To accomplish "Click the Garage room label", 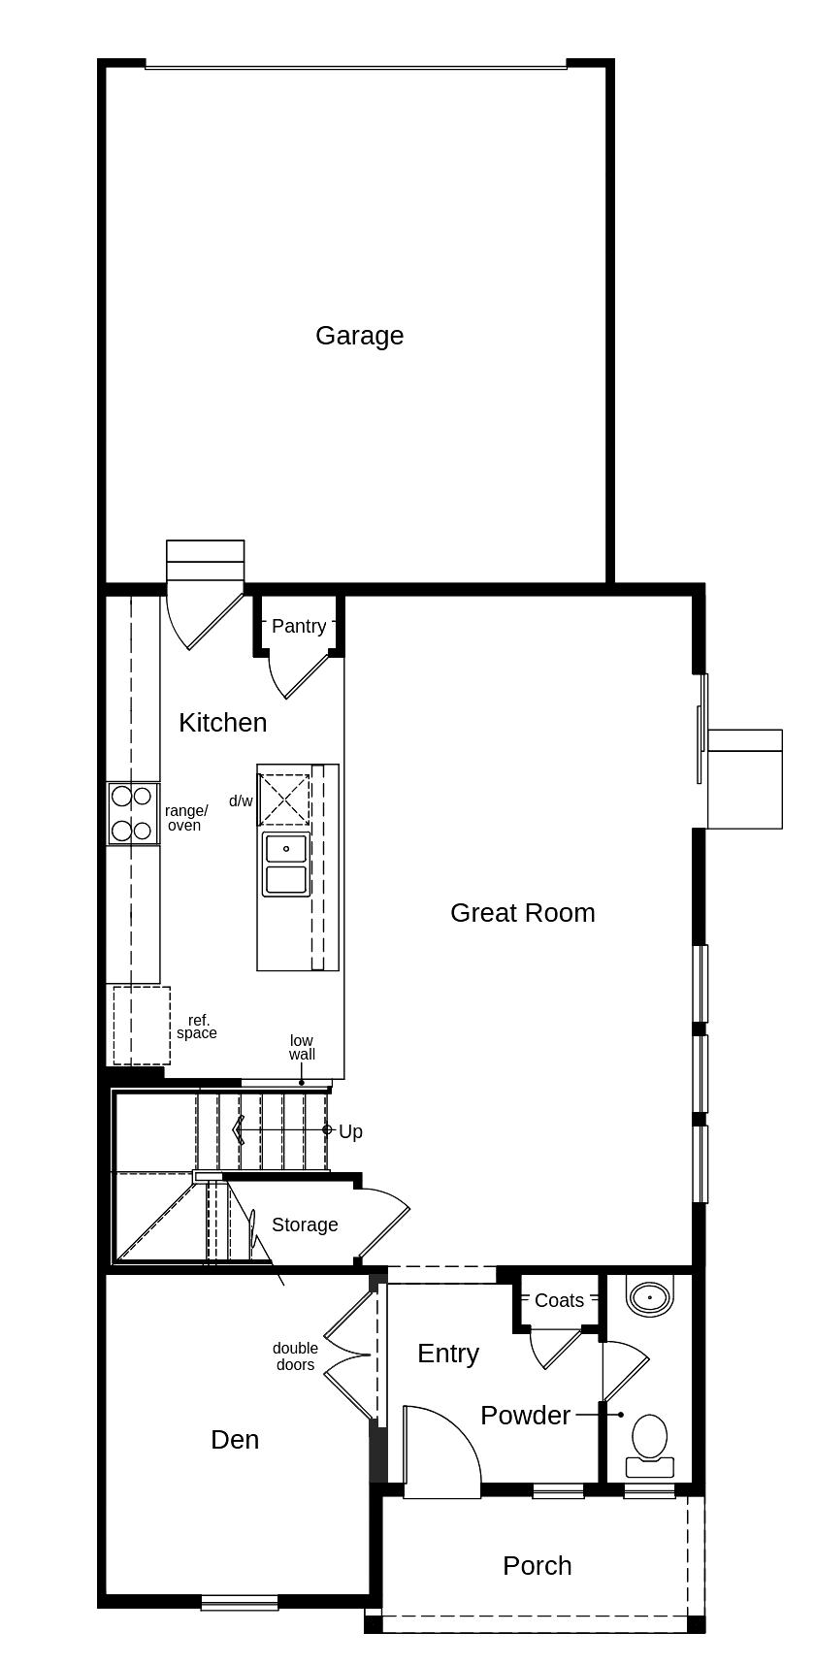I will coord(359,336).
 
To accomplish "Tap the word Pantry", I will coord(299,627).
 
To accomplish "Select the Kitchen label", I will coord(223,723).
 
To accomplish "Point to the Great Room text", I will coord(522,913).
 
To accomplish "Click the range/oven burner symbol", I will coord(132,813).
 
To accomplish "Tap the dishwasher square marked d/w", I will coord(283,800).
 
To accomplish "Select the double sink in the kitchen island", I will coord(286,864).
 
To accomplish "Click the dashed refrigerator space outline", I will coord(142,1025).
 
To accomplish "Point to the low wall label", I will coord(302,1048).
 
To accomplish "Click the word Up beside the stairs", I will coord(350,1132).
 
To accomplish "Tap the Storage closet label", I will coord(305,1225).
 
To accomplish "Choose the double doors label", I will coord(295,1356).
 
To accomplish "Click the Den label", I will coord(235,1440).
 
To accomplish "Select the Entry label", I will coord(448,1355).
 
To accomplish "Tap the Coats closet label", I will coord(560,1301).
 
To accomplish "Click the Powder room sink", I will coord(649,1296).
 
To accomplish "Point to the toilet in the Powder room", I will coord(649,1442).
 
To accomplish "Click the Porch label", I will coord(538,1566).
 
